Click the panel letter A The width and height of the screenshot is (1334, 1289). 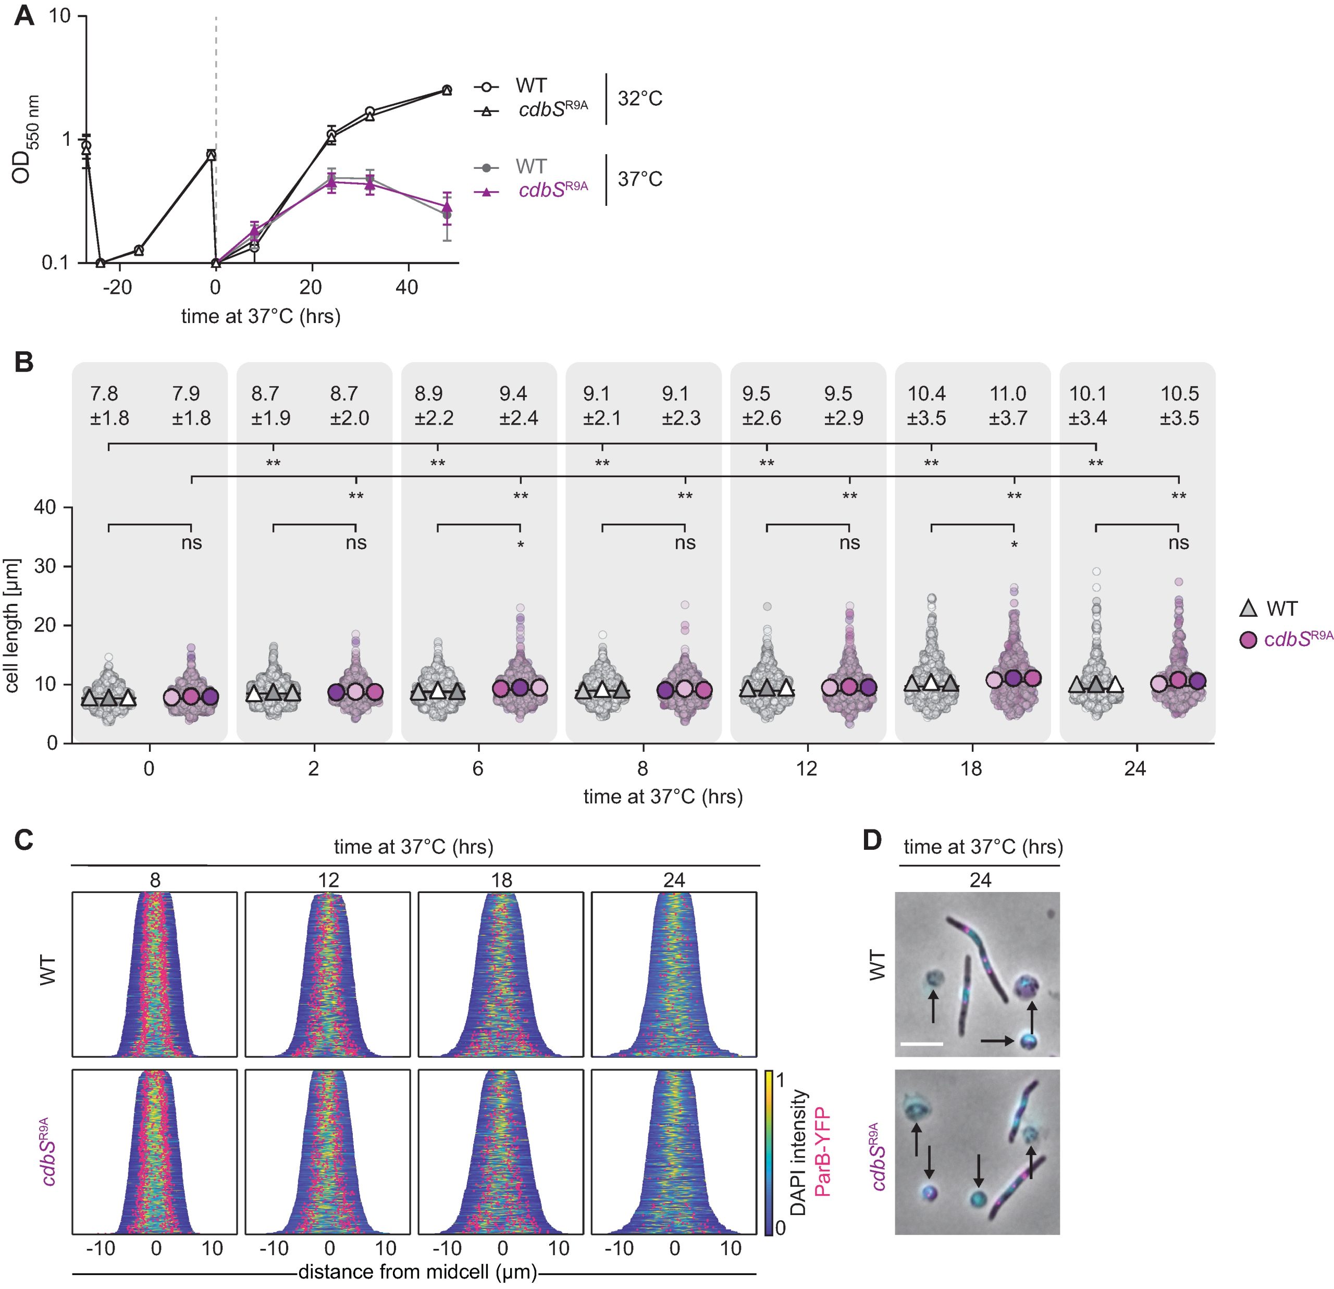[x=24, y=15]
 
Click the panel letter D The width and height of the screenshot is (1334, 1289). [x=872, y=840]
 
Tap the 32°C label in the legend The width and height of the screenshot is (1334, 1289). [x=640, y=98]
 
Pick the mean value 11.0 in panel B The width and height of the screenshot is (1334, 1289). [x=1007, y=394]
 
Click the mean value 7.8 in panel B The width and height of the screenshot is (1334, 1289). [x=104, y=394]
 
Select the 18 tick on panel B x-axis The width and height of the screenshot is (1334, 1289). [x=971, y=769]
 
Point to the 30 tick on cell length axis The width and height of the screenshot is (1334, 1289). [x=53, y=566]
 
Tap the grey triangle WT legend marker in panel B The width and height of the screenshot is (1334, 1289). [x=1247, y=609]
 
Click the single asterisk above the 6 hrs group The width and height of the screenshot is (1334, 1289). [x=521, y=546]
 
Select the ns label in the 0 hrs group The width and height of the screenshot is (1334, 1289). [x=191, y=543]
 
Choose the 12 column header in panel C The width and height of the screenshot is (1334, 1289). [x=328, y=880]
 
